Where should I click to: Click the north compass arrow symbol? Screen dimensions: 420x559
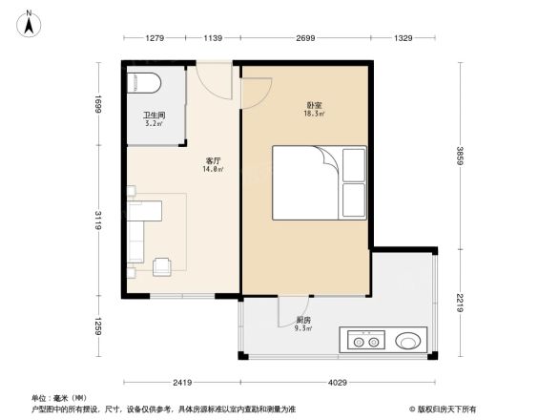pos(30,22)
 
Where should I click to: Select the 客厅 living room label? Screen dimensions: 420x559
pos(213,160)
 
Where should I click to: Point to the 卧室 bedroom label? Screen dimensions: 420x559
pos(313,105)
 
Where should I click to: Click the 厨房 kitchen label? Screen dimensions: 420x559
pos(302,321)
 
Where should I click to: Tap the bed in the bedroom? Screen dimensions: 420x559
pos(319,181)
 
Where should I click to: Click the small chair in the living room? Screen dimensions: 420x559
pos(163,264)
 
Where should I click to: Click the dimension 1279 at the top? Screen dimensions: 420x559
pos(156,38)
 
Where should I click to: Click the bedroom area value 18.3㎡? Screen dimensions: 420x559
pos(313,114)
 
